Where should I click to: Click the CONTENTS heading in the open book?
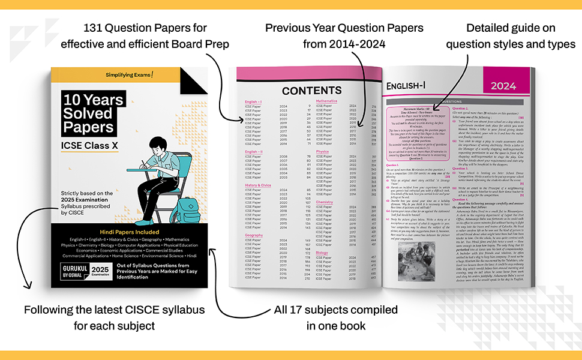click(312, 91)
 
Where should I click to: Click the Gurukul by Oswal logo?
click(70, 273)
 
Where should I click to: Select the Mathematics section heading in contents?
click(327, 101)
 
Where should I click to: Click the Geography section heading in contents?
click(254, 236)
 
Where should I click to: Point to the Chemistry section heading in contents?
click(325, 202)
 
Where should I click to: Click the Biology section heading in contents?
click(322, 253)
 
